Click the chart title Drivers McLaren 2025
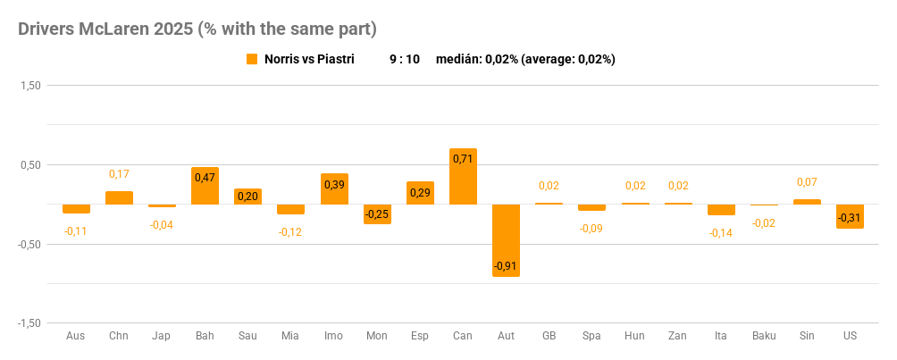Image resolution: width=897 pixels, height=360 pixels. (197, 29)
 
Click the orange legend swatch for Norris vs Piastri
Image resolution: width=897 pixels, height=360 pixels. (252, 59)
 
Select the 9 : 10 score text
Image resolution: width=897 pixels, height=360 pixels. (405, 59)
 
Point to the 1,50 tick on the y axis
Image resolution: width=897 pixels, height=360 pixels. (30, 86)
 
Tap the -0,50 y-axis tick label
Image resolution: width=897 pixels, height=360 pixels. (29, 244)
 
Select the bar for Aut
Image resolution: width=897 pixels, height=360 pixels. (506, 239)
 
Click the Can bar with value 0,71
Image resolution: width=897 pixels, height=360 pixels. (463, 176)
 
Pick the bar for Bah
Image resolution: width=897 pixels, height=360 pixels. (205, 186)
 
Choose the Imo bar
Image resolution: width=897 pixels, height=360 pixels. (334, 188)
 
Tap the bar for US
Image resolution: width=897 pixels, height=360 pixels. (850, 216)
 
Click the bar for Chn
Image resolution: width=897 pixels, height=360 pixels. (119, 197)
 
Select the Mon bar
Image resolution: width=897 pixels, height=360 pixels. (377, 213)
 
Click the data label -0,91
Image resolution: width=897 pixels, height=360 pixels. (506, 266)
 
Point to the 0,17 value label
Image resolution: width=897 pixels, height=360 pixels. (119, 174)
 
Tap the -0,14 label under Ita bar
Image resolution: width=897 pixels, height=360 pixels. (721, 232)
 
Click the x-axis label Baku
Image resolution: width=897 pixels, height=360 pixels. (764, 336)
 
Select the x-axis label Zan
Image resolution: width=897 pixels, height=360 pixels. (678, 336)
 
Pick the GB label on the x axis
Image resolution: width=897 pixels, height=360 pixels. (549, 336)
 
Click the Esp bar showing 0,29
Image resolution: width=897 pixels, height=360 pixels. (420, 193)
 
